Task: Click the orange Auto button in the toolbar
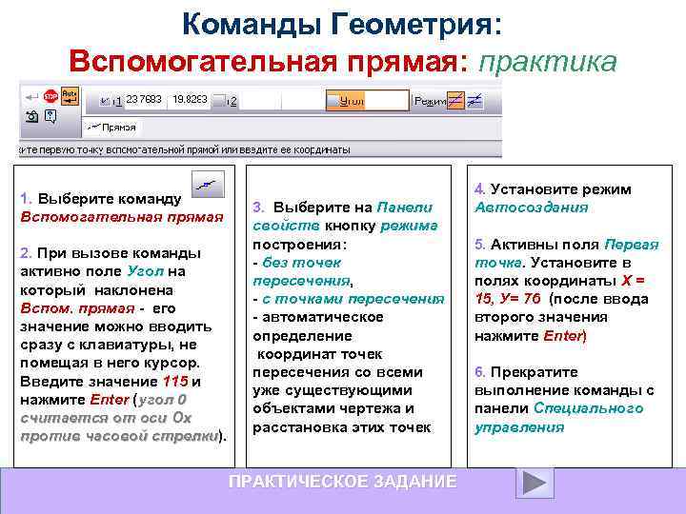pyautogui.click(x=70, y=95)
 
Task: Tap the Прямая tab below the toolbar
pyautogui.click(x=113, y=127)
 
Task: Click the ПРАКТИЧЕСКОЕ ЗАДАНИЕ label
pyautogui.click(x=342, y=482)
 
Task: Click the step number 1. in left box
pyautogui.click(x=27, y=199)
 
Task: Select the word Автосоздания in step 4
pyautogui.click(x=532, y=208)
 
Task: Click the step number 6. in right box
pyautogui.click(x=480, y=372)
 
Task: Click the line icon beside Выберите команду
pyautogui.click(x=207, y=185)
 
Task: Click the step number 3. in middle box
pyautogui.click(x=258, y=208)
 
